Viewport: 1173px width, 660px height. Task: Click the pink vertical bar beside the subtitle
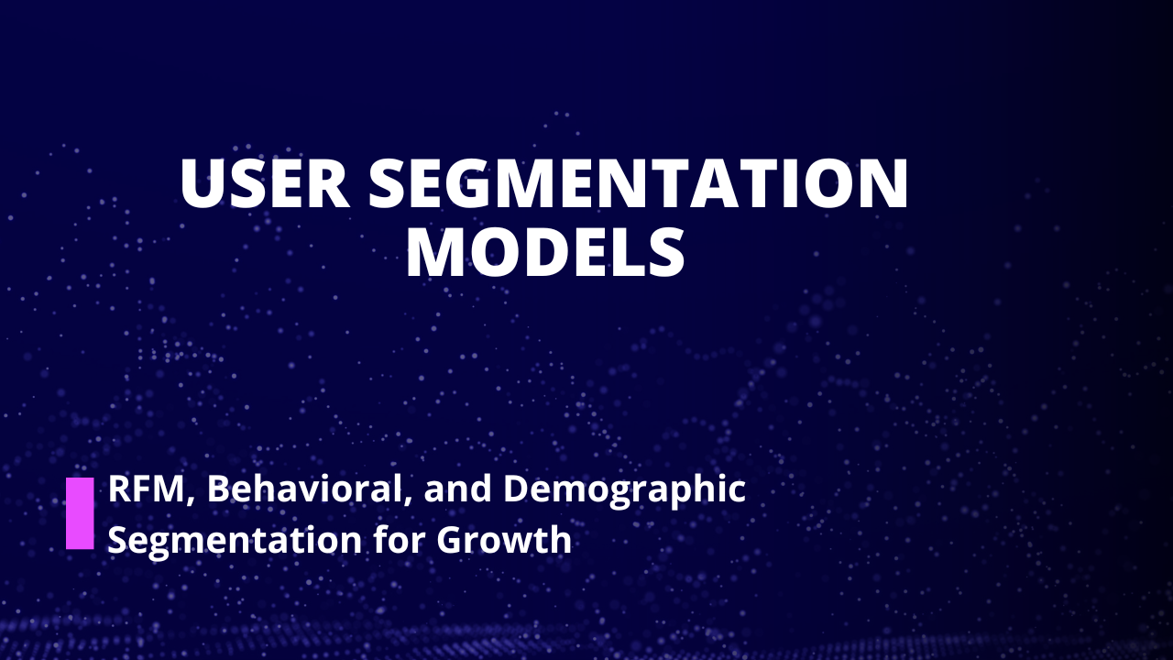pos(80,513)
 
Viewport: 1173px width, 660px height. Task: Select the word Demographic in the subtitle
pos(624,491)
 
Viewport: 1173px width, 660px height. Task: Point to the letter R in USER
pos(328,184)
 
